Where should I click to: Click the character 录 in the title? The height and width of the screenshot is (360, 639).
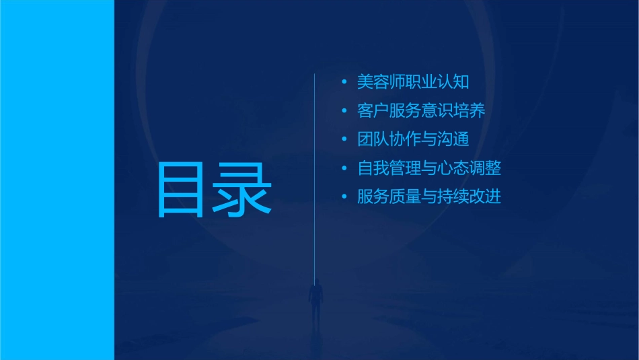243,190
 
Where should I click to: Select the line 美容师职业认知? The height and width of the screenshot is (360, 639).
412,82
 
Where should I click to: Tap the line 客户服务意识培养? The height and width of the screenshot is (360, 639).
420,111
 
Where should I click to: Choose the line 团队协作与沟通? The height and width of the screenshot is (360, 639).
412,139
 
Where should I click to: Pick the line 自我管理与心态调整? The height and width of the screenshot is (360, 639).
428,168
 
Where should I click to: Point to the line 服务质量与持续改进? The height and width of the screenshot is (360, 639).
428,197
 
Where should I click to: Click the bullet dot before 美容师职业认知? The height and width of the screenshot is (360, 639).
344,83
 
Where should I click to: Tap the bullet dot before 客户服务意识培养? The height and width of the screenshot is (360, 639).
344,111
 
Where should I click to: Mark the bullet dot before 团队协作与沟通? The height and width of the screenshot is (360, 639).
344,140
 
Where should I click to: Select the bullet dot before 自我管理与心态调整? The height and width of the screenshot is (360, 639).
344,169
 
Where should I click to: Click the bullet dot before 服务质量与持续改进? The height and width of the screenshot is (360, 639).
344,197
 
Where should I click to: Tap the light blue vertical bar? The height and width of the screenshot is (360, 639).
57,180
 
